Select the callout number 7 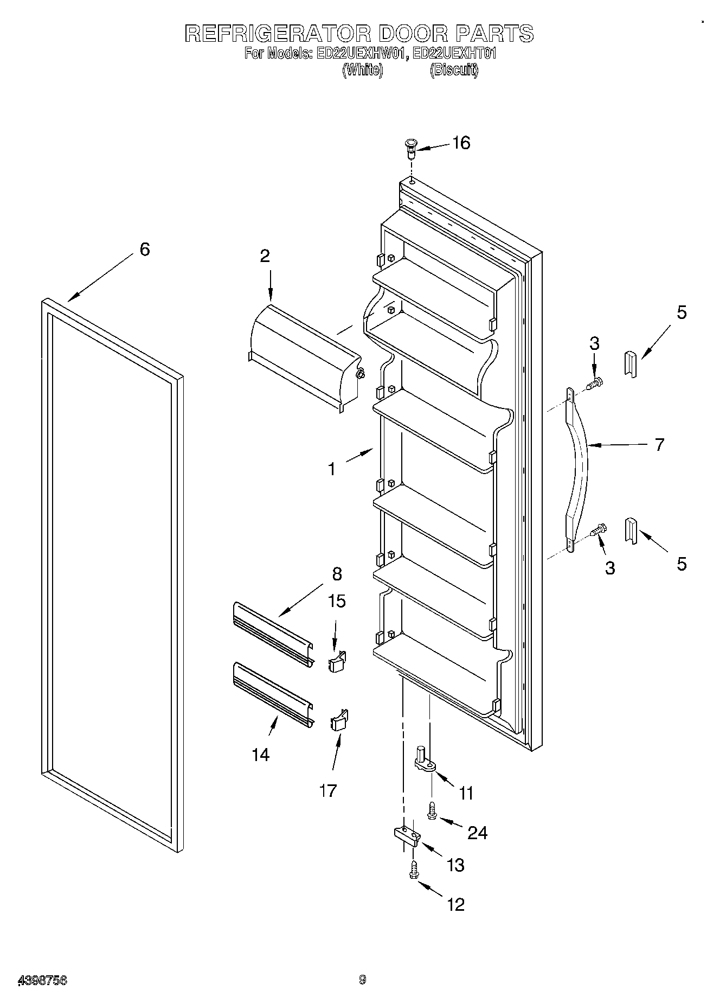point(659,445)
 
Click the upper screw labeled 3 point(596,384)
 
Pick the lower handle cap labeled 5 point(631,531)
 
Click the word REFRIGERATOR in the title point(277,34)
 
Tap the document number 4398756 point(43,980)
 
